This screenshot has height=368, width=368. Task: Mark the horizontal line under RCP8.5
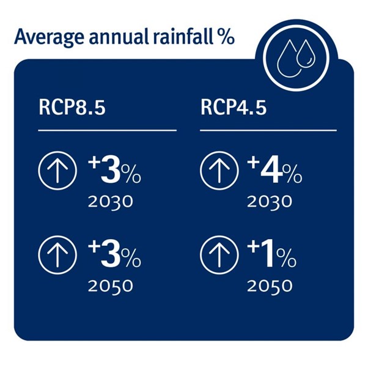coord(107,130)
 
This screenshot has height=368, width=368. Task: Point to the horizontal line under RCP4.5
coord(268,130)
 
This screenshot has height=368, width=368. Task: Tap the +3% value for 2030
coord(115,172)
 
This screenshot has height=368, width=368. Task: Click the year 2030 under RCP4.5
coord(270,202)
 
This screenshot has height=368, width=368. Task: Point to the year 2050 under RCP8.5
coord(110,285)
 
